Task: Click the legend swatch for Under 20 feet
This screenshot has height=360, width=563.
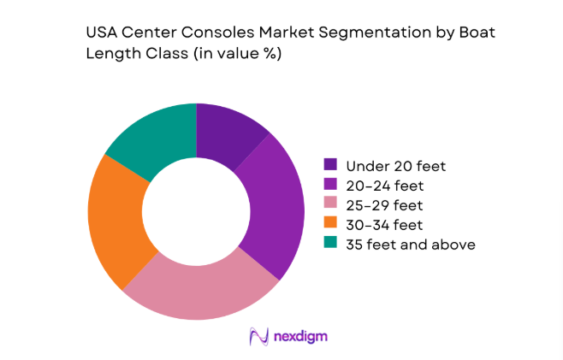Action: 329,164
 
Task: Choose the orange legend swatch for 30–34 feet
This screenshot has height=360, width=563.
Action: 329,225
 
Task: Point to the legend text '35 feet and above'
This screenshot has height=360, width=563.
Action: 410,245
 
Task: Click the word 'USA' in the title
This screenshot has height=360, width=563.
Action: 102,34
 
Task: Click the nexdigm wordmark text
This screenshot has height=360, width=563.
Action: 299,337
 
